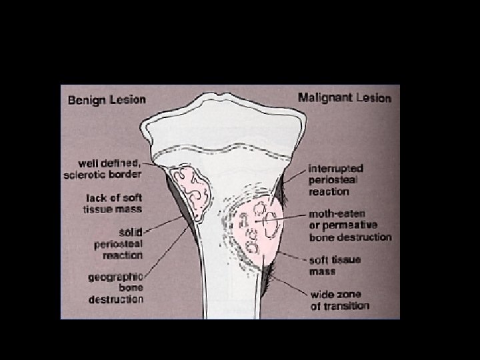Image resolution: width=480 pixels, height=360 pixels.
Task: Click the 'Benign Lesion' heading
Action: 107,100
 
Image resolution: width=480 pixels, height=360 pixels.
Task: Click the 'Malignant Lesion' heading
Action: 344,98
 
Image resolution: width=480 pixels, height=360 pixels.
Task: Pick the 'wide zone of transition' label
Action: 339,300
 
